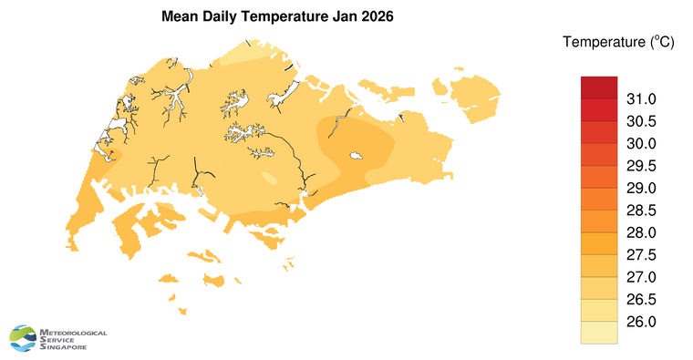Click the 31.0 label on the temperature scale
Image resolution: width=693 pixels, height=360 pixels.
(639, 99)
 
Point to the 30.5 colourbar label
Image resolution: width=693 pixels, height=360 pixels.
(639, 121)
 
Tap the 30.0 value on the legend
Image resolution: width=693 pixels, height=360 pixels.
(639, 144)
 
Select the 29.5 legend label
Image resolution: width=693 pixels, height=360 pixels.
(639, 166)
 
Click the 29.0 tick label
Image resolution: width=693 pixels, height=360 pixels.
(639, 189)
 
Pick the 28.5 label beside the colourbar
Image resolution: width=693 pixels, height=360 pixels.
(639, 211)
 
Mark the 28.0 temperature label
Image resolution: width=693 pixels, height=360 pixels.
(639, 233)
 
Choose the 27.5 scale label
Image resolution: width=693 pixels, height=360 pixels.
(639, 255)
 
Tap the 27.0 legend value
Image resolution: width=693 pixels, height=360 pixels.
(639, 277)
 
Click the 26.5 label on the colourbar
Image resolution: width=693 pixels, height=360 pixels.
(639, 300)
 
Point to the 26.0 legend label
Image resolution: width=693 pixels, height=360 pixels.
(639, 322)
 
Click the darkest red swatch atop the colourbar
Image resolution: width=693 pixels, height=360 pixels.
(599, 87)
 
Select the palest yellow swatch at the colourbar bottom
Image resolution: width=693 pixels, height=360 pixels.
(599, 333)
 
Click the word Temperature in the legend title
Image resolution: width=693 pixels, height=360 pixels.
(603, 42)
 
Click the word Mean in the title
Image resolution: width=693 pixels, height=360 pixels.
(180, 17)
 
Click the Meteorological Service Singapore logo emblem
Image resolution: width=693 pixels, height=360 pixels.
(25, 338)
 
